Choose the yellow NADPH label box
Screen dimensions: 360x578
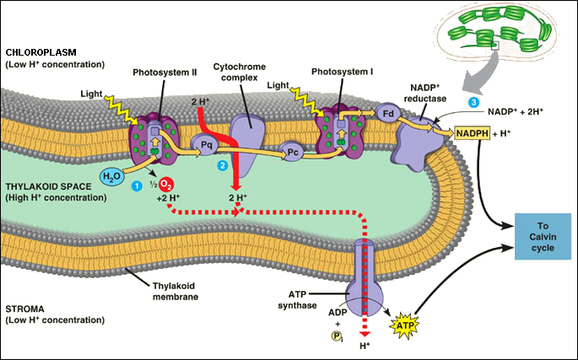pos(474,133)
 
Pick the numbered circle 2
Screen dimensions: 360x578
pos(223,165)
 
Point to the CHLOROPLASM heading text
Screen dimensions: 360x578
pos(40,53)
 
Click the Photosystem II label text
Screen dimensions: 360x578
pos(159,73)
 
